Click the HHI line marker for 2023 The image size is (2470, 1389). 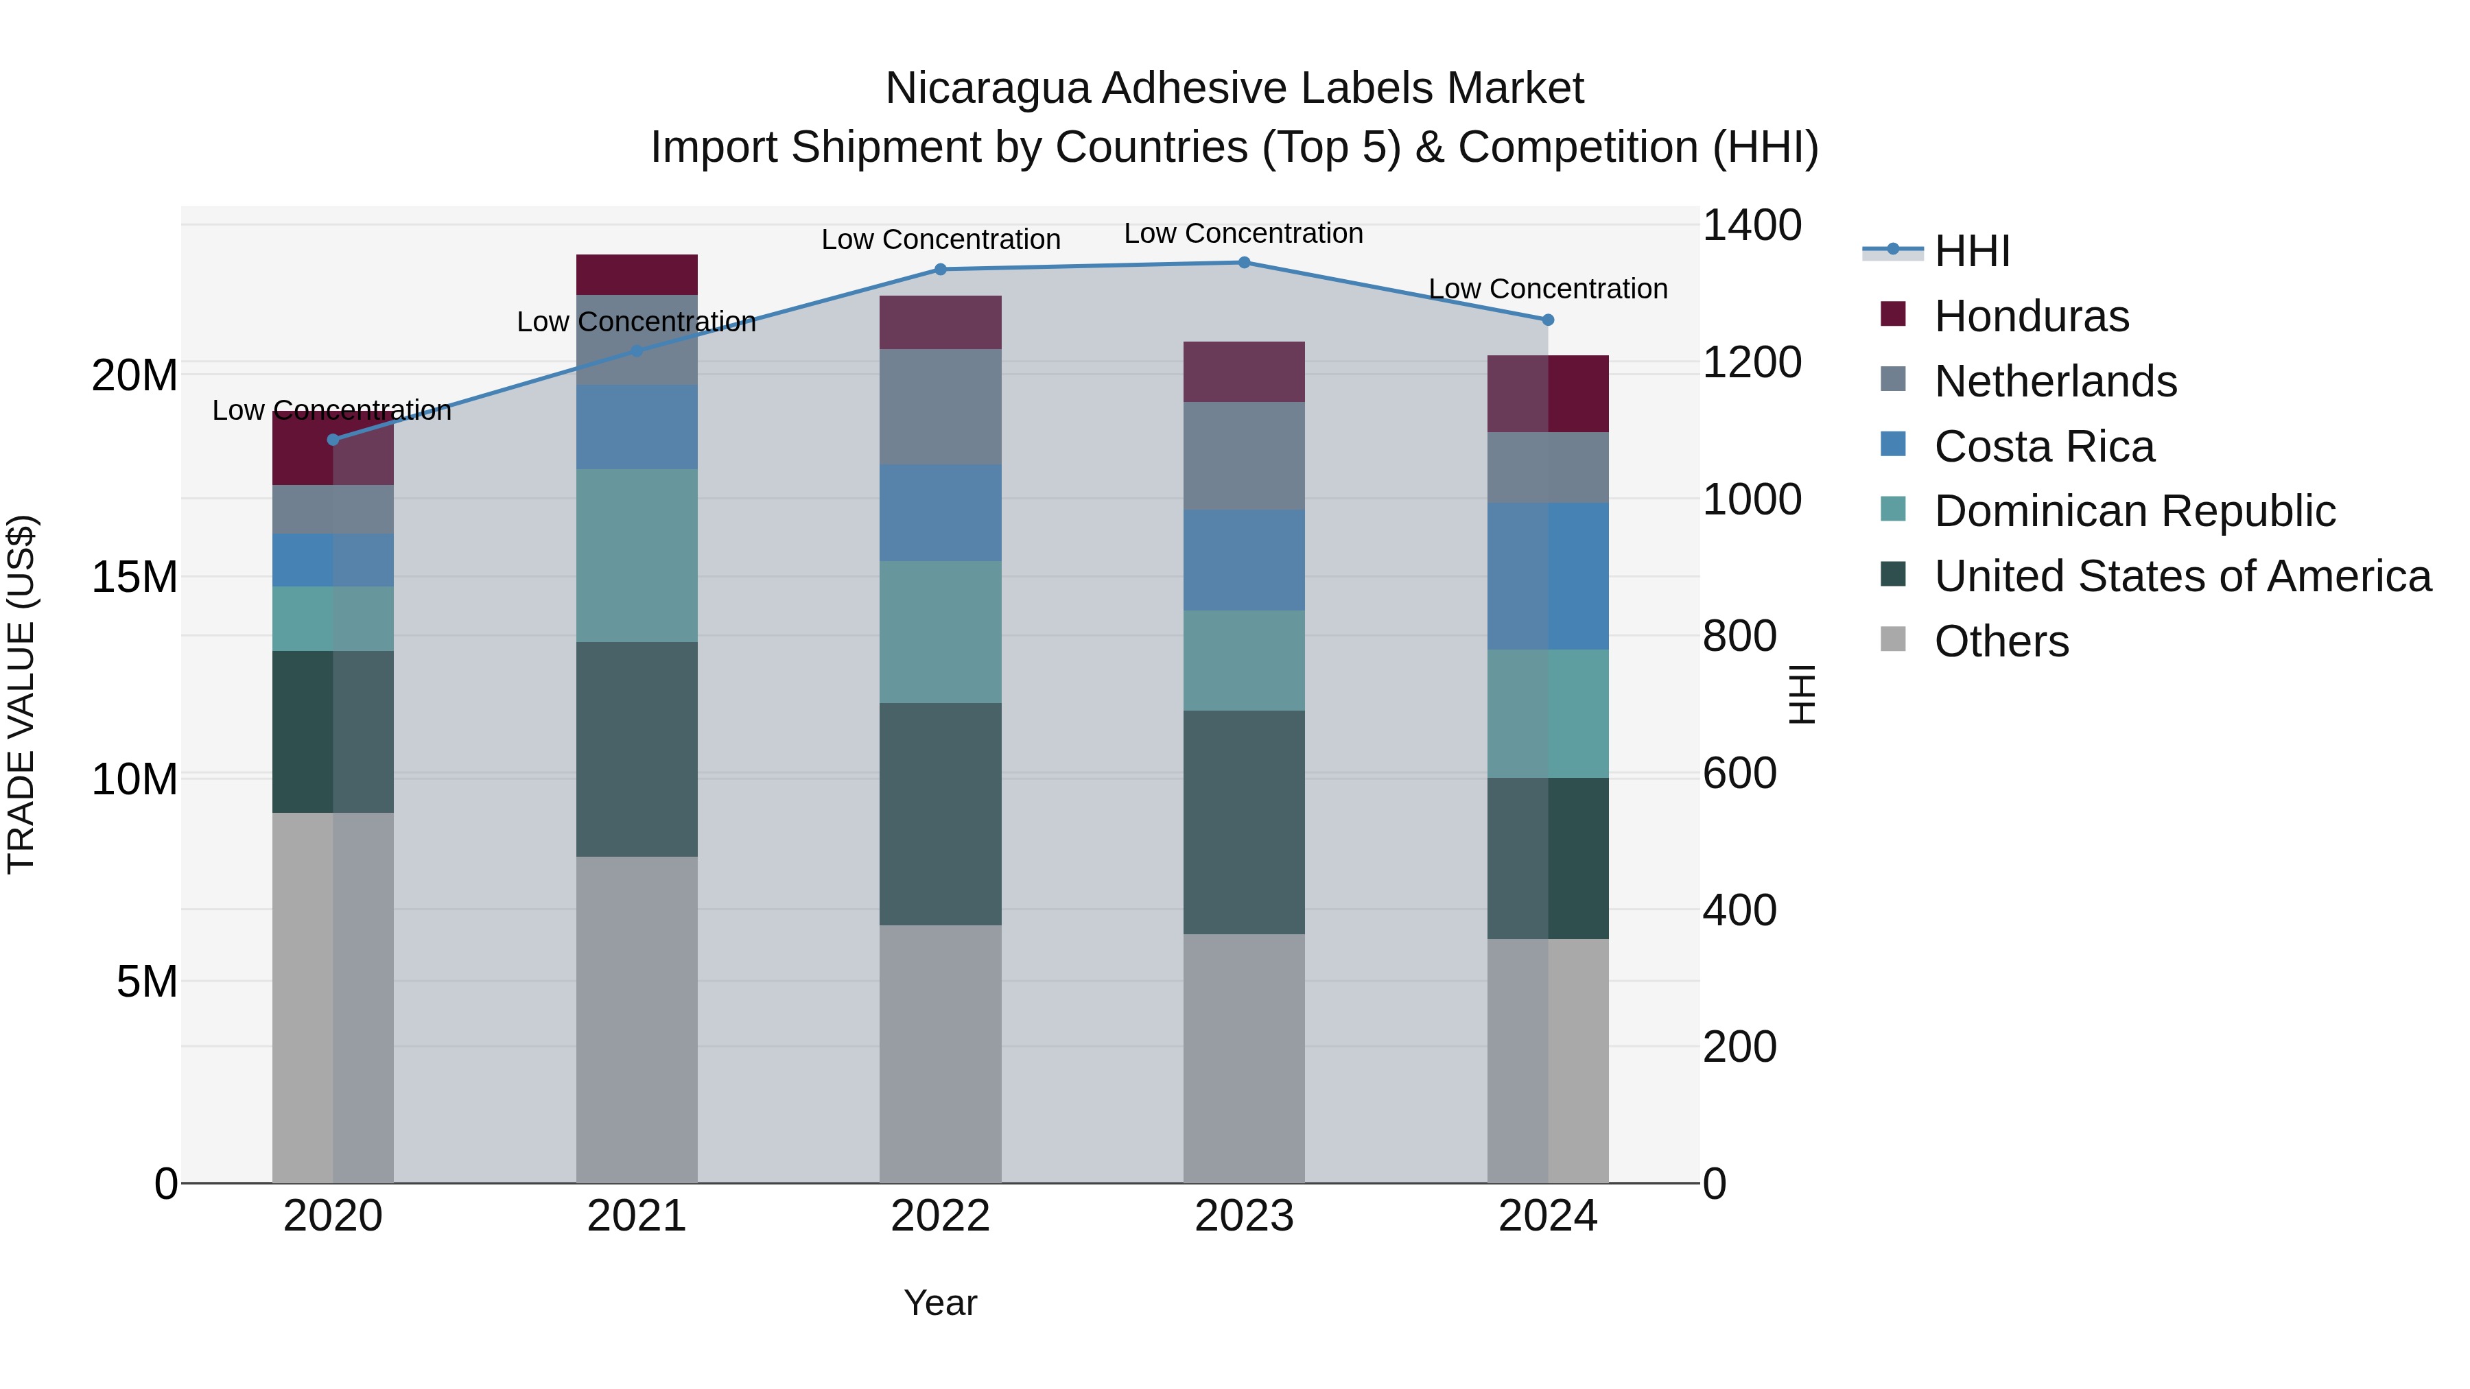[x=1244, y=263]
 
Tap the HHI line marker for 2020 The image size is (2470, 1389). [x=333, y=440]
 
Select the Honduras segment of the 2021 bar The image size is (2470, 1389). [x=637, y=274]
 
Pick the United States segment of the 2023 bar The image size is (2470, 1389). [x=1244, y=822]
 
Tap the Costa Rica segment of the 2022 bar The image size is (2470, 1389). [x=940, y=513]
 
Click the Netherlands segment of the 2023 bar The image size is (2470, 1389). [x=1244, y=455]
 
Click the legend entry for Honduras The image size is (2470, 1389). [x=2031, y=316]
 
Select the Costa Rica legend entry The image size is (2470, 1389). [x=2043, y=447]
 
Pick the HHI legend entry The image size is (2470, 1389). [x=1971, y=251]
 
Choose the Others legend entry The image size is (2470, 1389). [x=2001, y=641]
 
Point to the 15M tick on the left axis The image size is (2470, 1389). [x=134, y=577]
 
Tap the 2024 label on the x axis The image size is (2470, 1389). [x=1546, y=1216]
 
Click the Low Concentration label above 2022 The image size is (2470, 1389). [x=940, y=239]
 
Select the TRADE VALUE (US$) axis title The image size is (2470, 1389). [x=21, y=694]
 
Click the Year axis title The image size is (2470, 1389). [x=940, y=1303]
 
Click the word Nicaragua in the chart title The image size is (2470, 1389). [x=987, y=88]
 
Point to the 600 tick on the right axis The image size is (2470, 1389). [x=1739, y=774]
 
